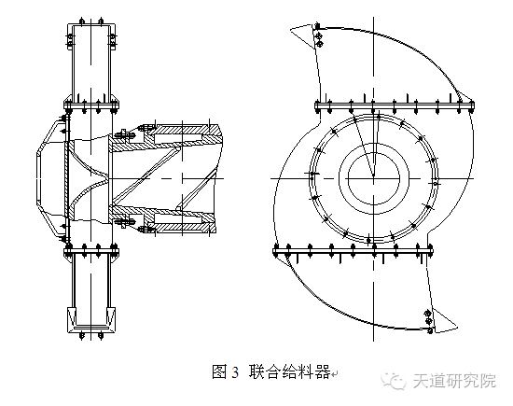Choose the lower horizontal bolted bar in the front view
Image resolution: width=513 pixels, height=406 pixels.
click(x=354, y=250)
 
